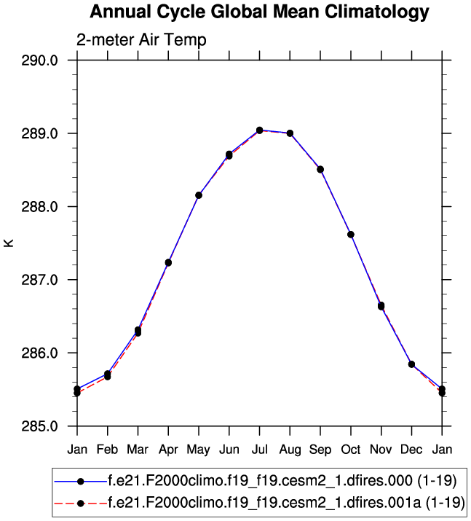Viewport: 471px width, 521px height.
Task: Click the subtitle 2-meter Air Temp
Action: (x=141, y=40)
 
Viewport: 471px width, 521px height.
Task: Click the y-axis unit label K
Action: (x=9, y=243)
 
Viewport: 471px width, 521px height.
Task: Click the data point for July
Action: (x=259, y=130)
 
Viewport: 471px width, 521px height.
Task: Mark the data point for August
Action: (x=290, y=133)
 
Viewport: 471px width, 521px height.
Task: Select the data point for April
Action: (x=168, y=262)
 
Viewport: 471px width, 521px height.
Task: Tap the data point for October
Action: (x=351, y=235)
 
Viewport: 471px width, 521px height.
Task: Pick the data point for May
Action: (x=199, y=195)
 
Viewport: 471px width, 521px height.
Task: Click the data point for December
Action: (x=411, y=364)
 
